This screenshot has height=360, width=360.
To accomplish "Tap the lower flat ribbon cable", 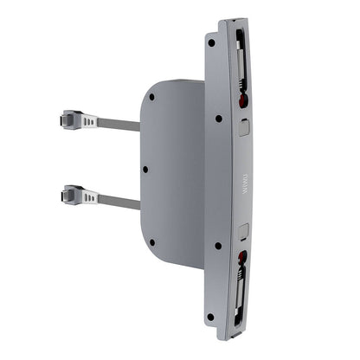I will [118, 202].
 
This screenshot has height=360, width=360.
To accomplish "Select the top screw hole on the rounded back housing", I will [151, 98].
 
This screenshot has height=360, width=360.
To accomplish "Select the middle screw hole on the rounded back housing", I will [145, 170].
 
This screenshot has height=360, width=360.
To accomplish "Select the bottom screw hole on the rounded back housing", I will [152, 242].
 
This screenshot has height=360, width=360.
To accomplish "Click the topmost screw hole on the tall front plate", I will [212, 42].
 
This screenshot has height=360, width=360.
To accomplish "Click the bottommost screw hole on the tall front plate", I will [209, 317].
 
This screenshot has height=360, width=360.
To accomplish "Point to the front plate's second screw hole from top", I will [218, 119].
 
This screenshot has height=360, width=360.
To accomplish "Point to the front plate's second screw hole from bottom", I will [217, 246].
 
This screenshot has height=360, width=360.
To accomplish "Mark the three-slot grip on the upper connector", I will [89, 122].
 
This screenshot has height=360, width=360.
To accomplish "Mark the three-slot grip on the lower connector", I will [89, 197].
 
